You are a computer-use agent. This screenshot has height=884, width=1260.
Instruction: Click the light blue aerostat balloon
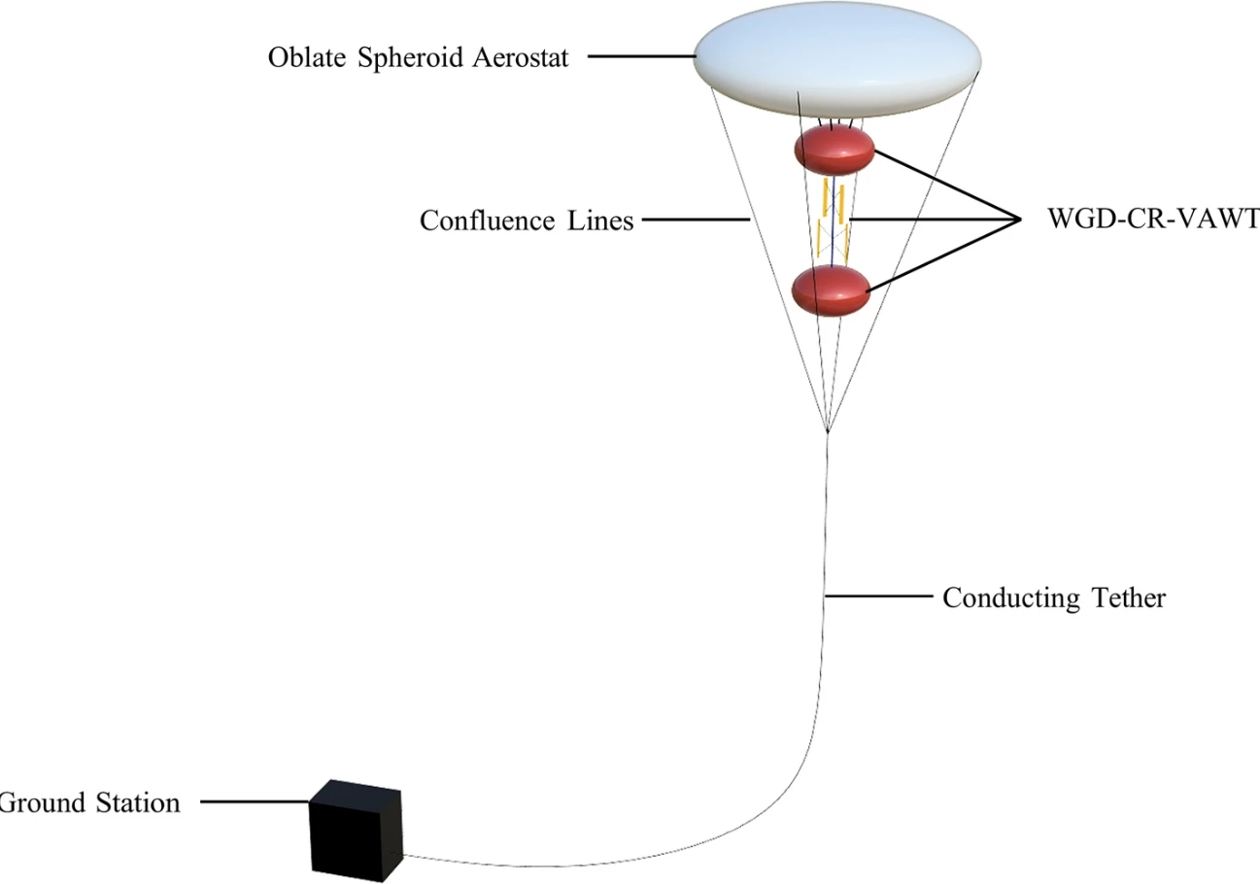(837, 67)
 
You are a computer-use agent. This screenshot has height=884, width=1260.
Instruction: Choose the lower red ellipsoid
(831, 290)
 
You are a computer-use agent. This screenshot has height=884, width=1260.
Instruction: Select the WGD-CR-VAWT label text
(1151, 220)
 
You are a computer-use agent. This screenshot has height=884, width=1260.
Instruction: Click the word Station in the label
(137, 803)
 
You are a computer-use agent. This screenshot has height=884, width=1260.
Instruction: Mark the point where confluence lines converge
(827, 431)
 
